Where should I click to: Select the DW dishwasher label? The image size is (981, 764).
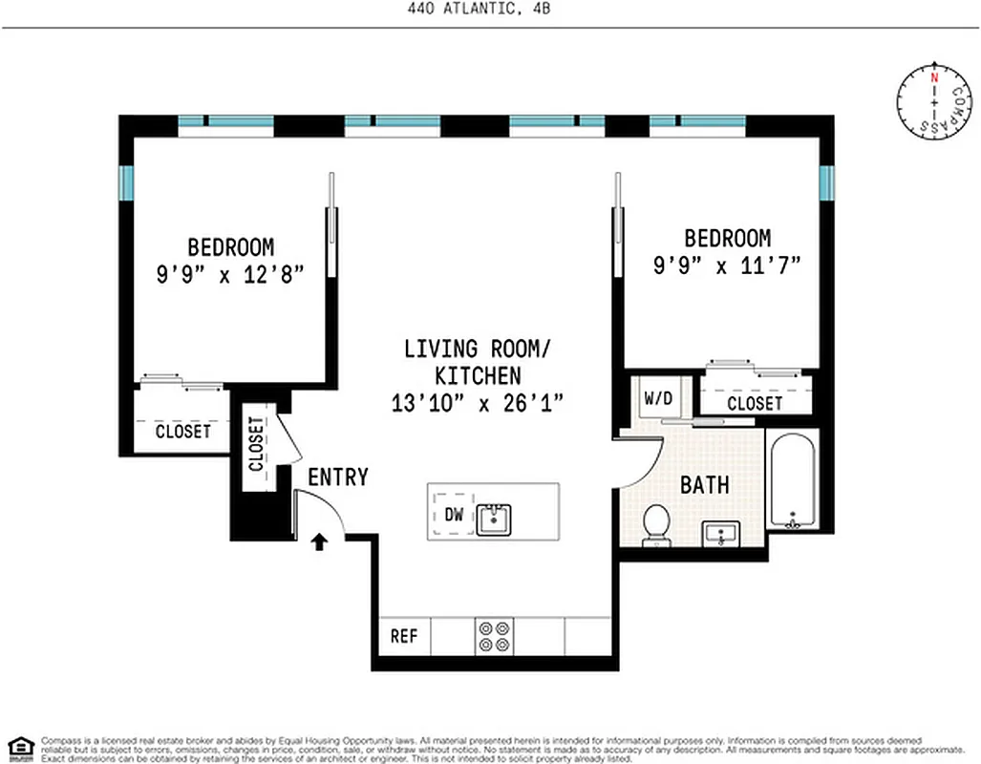pyautogui.click(x=455, y=515)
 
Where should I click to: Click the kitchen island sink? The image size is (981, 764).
pyautogui.click(x=494, y=520)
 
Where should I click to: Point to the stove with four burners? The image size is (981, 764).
pyautogui.click(x=494, y=636)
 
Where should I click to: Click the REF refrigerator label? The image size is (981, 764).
pyautogui.click(x=404, y=636)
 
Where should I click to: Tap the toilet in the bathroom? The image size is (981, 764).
pyautogui.click(x=656, y=525)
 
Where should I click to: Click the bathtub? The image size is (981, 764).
pyautogui.click(x=792, y=483)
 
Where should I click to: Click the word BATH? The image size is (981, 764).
pyautogui.click(x=705, y=485)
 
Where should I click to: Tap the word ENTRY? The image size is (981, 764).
pyautogui.click(x=337, y=477)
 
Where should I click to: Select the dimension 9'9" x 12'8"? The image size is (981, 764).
pyautogui.click(x=230, y=273)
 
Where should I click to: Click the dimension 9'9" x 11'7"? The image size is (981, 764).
pyautogui.click(x=726, y=265)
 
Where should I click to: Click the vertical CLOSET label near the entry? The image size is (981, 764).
pyautogui.click(x=256, y=444)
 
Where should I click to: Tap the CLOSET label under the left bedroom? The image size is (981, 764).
pyautogui.click(x=183, y=432)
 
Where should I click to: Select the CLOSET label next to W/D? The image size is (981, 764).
pyautogui.click(x=755, y=404)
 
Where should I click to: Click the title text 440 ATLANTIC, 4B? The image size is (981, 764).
pyautogui.click(x=490, y=9)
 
